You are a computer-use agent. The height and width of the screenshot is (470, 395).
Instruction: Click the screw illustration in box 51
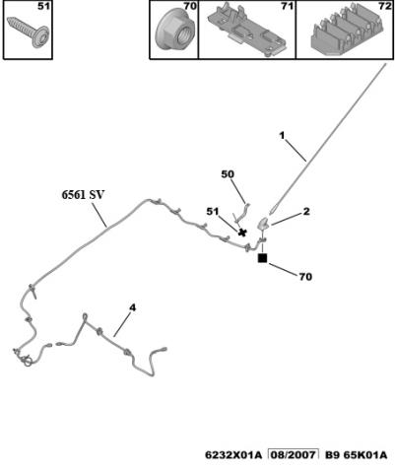click(29, 32)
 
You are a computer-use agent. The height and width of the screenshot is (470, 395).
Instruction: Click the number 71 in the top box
click(287, 6)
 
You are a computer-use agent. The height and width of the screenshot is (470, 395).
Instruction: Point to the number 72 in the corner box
click(384, 6)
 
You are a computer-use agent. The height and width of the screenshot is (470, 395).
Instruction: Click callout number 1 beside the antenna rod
click(282, 135)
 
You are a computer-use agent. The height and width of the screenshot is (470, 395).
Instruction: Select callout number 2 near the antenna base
click(306, 212)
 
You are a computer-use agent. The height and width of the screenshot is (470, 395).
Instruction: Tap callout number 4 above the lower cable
click(132, 308)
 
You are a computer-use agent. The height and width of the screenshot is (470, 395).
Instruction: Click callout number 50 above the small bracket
click(228, 174)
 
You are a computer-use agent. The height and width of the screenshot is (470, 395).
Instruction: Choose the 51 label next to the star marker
click(212, 212)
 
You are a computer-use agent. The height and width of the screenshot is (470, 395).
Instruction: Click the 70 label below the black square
click(305, 277)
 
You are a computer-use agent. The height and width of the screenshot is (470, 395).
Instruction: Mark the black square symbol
click(263, 258)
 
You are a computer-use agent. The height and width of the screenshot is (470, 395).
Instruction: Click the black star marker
click(242, 233)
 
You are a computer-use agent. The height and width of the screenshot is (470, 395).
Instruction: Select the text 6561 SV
click(83, 195)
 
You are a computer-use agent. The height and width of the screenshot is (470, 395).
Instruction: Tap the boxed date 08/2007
click(294, 455)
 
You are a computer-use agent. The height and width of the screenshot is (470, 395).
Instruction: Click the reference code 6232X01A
click(233, 455)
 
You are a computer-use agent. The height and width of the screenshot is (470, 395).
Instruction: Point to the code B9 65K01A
click(356, 455)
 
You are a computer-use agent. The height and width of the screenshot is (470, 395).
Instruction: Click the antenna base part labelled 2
click(264, 224)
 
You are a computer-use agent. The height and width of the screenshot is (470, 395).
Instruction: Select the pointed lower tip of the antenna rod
click(270, 215)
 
